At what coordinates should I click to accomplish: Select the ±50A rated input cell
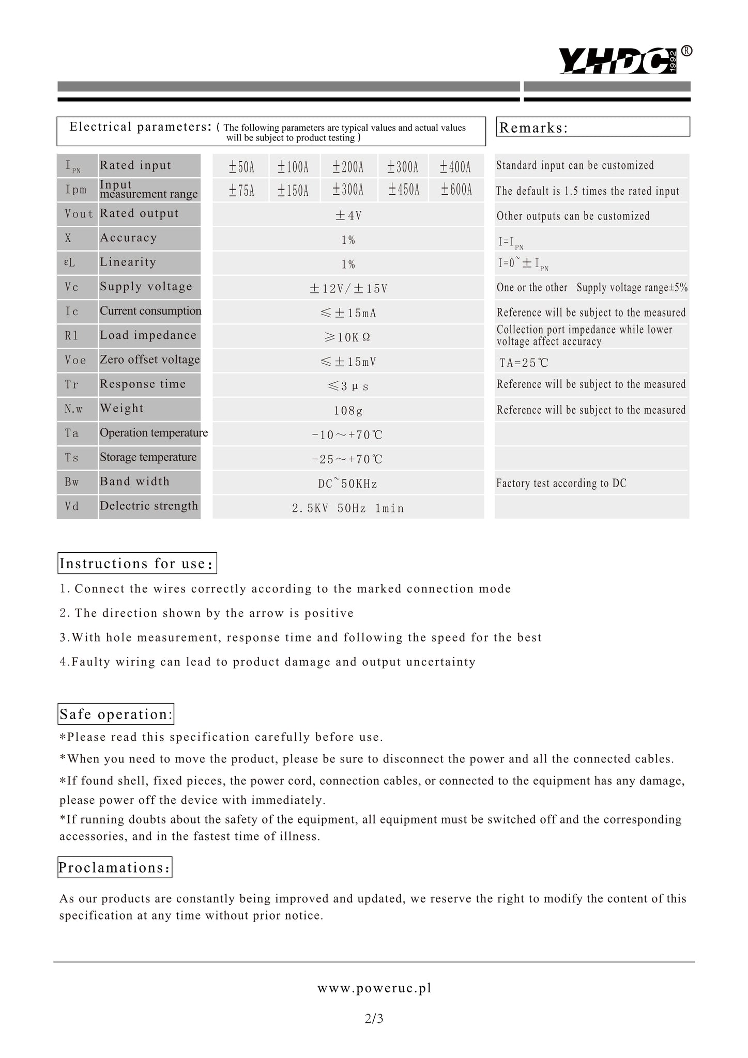pos(241,167)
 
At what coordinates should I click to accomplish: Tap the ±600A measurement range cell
pos(456,190)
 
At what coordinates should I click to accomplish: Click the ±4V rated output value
pos(348,215)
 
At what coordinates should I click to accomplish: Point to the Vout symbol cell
pos(78,214)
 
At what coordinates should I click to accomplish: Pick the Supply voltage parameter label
pos(146,287)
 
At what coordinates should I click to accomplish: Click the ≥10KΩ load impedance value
pos(348,337)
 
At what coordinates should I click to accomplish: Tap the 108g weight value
pos(348,411)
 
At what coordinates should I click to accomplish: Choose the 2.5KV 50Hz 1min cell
pos(348,508)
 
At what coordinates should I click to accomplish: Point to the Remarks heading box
pos(593,127)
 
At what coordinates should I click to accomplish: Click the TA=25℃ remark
pos(524,363)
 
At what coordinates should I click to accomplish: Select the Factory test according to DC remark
pos(561,484)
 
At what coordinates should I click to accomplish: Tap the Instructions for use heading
pos(137,563)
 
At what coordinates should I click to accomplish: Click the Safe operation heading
pos(116,714)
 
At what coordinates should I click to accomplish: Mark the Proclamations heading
pos(115,867)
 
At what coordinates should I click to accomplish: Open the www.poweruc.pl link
pos(374,988)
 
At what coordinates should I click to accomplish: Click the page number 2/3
pos(374,1019)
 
